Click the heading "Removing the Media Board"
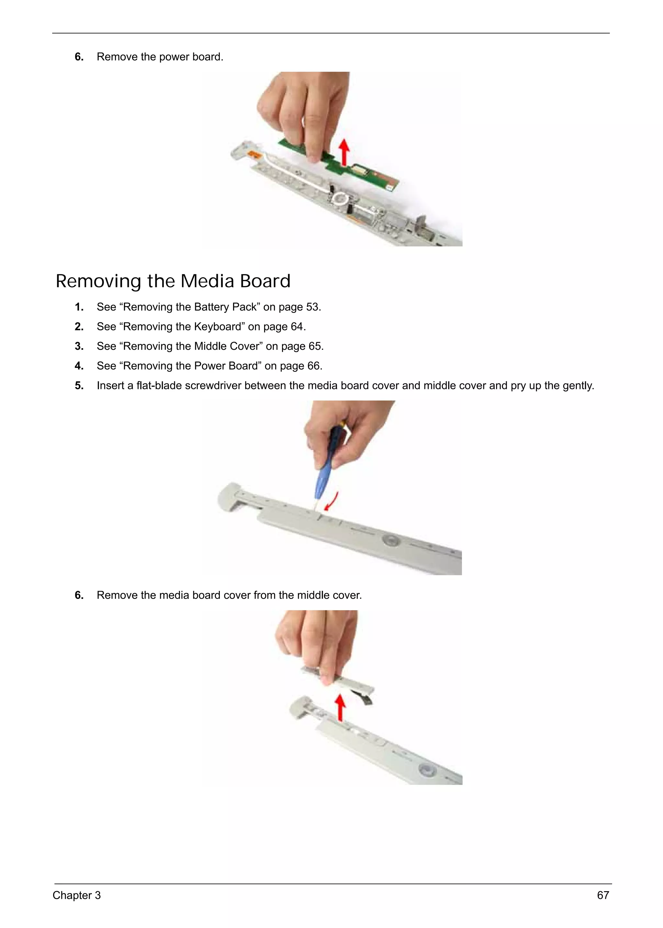173,281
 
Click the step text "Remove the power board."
160,57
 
